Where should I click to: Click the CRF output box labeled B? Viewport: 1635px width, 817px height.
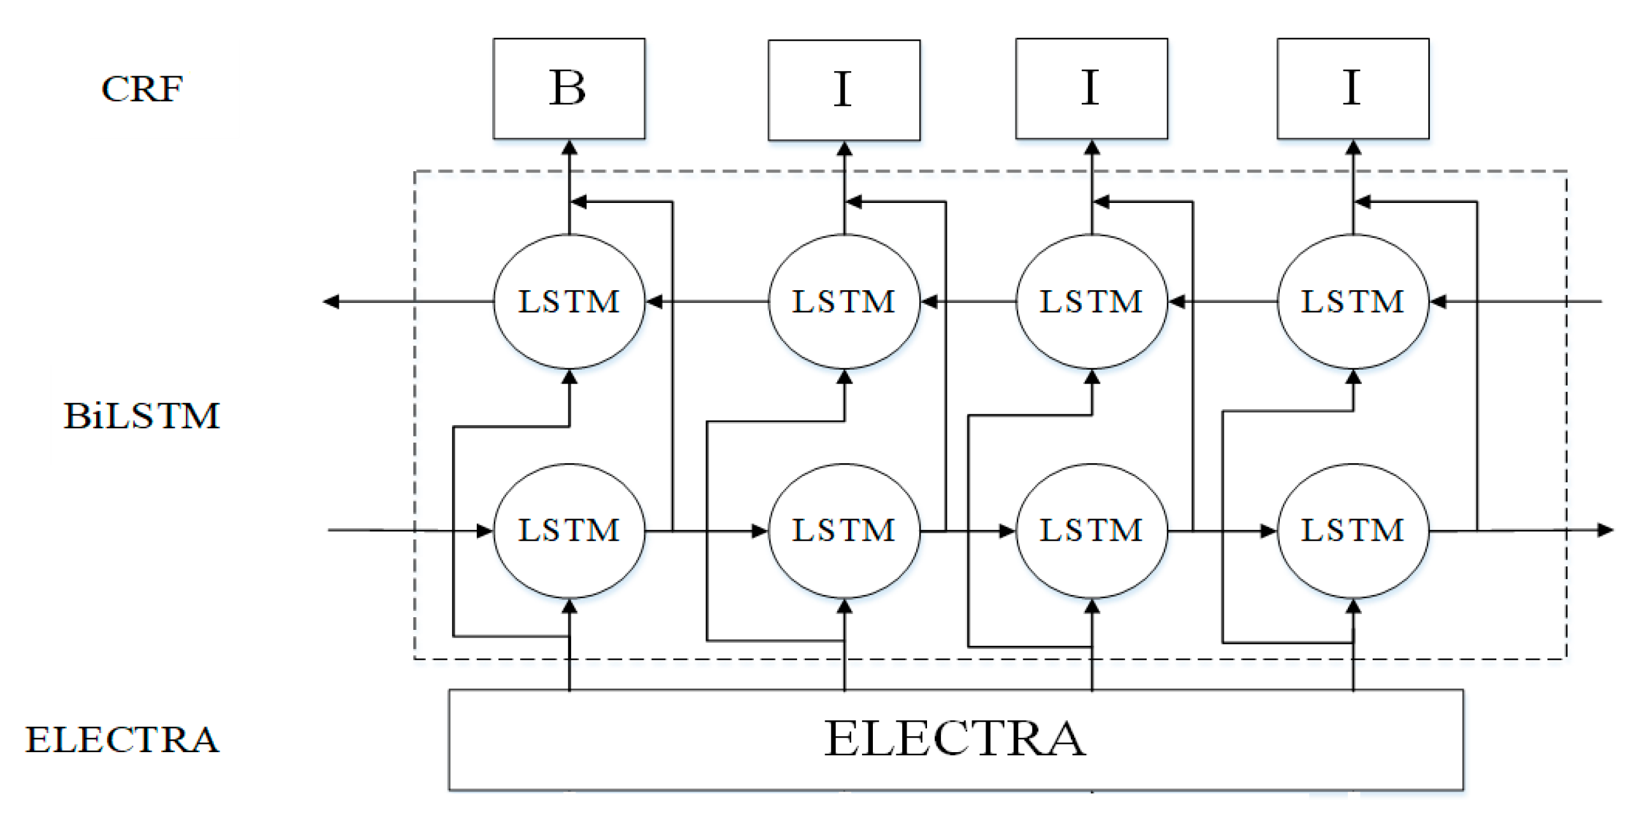(x=569, y=88)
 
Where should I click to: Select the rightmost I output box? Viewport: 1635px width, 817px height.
(x=1353, y=88)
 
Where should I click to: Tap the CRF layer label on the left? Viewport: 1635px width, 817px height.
(x=142, y=89)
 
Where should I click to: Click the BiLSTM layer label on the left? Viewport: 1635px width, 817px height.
(x=141, y=416)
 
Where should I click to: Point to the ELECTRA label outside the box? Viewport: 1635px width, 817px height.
(x=122, y=739)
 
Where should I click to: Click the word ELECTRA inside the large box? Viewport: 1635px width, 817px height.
(x=955, y=739)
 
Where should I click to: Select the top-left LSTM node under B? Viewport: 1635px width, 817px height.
(x=569, y=302)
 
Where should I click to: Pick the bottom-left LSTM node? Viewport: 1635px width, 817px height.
(x=569, y=530)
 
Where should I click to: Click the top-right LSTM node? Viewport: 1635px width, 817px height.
(x=1353, y=302)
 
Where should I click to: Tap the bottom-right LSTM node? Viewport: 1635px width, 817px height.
(x=1353, y=530)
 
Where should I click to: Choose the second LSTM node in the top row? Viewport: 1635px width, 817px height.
(x=844, y=302)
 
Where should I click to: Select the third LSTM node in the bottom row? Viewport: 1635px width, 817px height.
(x=1092, y=530)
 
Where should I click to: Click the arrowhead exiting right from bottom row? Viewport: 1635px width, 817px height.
(x=1606, y=530)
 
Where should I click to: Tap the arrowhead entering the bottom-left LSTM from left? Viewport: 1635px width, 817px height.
(x=485, y=531)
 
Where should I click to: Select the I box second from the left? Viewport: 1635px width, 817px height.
(x=844, y=90)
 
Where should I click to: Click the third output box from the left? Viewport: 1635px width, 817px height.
(x=1092, y=88)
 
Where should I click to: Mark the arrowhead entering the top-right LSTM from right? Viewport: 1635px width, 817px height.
(x=1438, y=302)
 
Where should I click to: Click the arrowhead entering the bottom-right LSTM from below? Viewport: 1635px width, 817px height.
(x=1354, y=606)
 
